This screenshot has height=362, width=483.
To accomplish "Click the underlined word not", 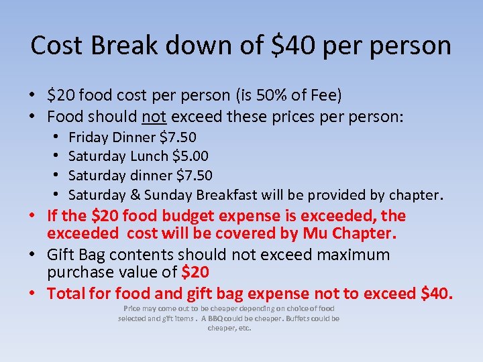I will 154,117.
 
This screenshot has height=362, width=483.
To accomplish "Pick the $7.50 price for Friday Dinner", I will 178,137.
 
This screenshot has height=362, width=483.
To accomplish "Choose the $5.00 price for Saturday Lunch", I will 190,156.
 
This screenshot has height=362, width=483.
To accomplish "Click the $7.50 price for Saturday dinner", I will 194,176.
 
